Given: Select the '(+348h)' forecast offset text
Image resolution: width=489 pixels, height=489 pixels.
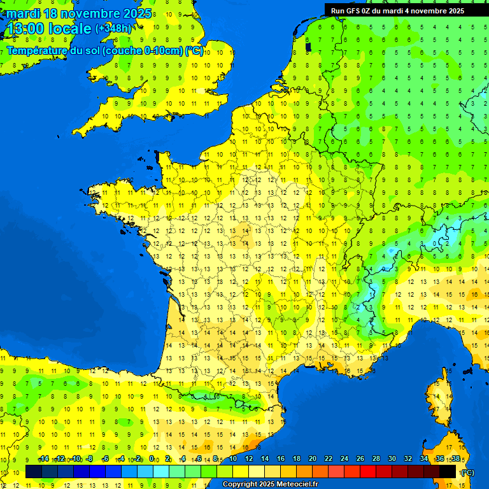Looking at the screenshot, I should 113,29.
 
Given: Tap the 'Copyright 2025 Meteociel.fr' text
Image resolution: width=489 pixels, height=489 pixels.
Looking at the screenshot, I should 269,485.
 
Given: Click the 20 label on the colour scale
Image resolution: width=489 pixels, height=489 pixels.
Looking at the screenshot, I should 313,458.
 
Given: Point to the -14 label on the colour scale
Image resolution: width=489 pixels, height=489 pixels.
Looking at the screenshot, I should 44,458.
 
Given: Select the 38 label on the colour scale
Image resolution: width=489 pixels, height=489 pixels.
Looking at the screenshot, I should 455,458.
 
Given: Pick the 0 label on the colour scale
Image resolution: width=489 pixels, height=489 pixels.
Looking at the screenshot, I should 152,458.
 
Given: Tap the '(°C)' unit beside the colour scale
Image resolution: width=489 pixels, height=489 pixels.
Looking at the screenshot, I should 467,472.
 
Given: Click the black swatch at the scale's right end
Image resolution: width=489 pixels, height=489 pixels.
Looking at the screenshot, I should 448,471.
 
